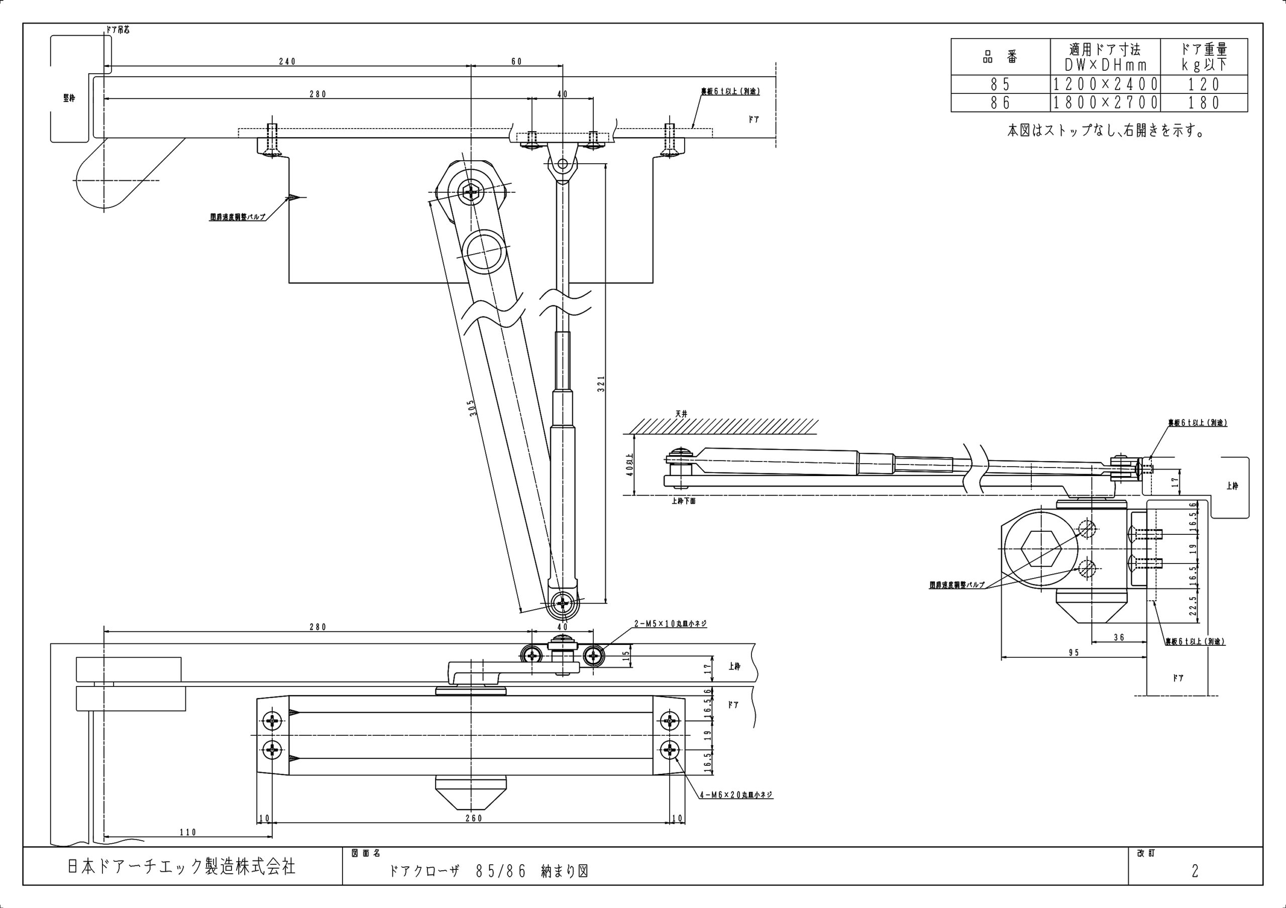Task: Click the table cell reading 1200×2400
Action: (x=1105, y=84)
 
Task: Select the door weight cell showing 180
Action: (x=1204, y=102)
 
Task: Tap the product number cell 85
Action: (x=1000, y=84)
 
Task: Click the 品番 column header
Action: (x=1000, y=57)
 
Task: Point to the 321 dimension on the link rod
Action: (x=601, y=384)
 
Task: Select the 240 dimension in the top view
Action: (x=287, y=62)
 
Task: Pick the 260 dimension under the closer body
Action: (x=473, y=819)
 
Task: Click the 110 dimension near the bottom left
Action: (x=188, y=833)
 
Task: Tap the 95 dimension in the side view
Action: (x=1073, y=653)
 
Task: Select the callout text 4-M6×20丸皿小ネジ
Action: (x=736, y=794)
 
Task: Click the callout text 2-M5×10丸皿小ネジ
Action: (x=670, y=624)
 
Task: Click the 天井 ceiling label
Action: (x=681, y=414)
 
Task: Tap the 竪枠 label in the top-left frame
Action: (x=69, y=98)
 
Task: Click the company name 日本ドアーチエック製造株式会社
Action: (x=181, y=867)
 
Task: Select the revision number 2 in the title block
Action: (x=1195, y=871)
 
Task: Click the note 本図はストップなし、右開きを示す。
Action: (x=1106, y=131)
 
